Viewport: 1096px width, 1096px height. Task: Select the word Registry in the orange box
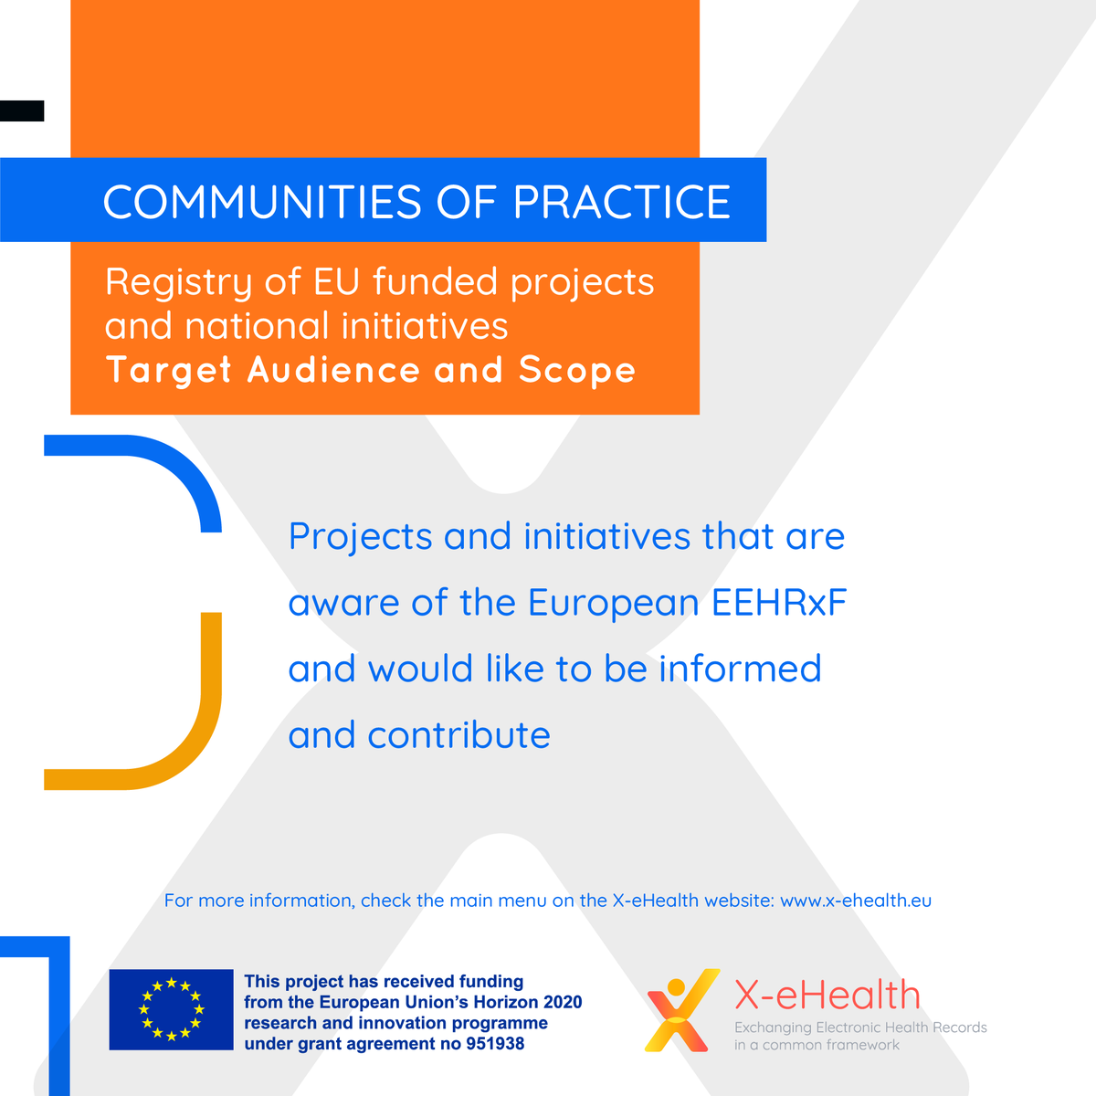click(178, 282)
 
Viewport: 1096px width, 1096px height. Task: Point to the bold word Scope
click(577, 371)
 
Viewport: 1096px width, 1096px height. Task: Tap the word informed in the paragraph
click(740, 669)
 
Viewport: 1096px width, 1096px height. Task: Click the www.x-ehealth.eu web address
click(856, 901)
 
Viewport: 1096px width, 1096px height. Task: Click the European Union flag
click(171, 1009)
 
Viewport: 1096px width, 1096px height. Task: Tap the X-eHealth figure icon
click(679, 1009)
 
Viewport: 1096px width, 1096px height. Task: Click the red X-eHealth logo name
click(827, 996)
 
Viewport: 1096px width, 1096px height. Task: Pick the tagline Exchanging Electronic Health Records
click(860, 1027)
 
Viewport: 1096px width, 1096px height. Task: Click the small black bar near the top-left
click(22, 111)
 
